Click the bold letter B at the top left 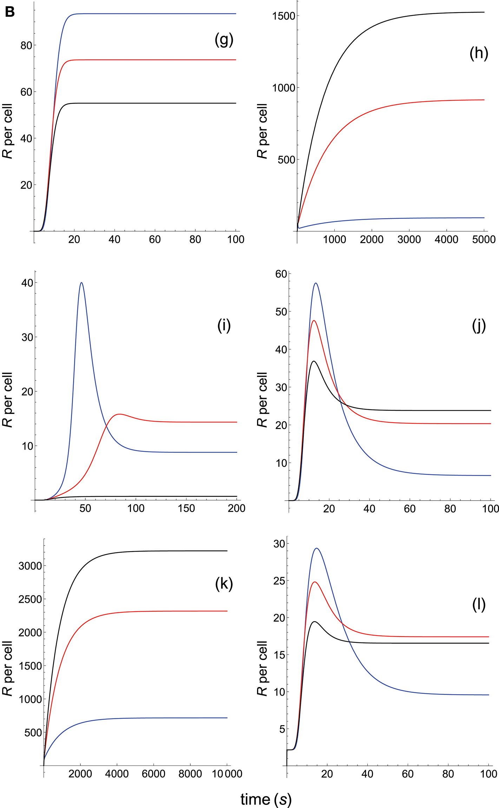tap(9, 12)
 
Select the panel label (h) tap(479, 54)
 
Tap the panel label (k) tap(224, 584)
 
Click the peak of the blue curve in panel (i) tap(81, 282)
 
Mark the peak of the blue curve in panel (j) tap(316, 283)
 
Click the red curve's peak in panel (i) tap(119, 414)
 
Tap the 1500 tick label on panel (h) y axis tap(284, 16)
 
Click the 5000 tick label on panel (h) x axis tap(484, 240)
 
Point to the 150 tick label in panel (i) tap(186, 508)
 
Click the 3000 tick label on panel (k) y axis tap(30, 566)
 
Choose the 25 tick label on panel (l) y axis tap(279, 581)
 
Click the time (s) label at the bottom tap(266, 800)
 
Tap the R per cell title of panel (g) tap(8, 131)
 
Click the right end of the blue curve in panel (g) tap(236, 14)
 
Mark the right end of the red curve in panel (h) tap(484, 100)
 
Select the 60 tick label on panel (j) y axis tap(281, 274)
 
